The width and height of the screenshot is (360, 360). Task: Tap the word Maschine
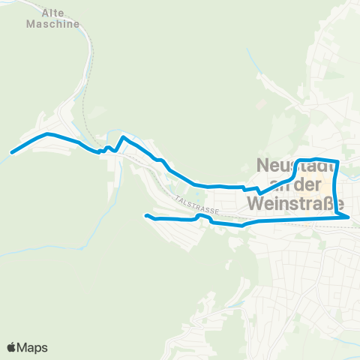tap(52, 24)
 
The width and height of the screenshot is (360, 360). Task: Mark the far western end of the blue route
tap(12, 152)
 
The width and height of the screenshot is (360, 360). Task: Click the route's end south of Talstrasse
tap(145, 215)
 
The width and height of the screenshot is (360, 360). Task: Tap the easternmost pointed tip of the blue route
tap(349, 217)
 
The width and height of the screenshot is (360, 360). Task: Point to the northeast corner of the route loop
tap(339, 161)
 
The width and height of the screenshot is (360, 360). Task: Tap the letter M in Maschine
tap(31, 24)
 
